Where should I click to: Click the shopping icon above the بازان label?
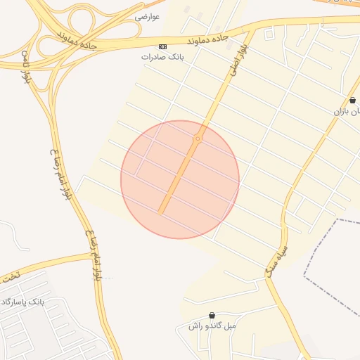pos(352,101)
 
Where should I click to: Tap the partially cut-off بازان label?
pos(347,111)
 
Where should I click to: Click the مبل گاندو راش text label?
pos(212,326)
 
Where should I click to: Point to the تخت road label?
pos(9,276)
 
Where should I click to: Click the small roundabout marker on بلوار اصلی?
pos(198,139)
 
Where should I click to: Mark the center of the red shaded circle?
pos(180,179)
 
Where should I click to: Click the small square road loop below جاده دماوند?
pos(269,33)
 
